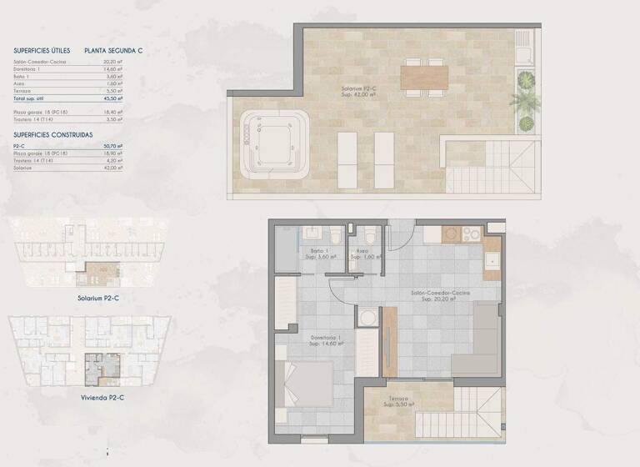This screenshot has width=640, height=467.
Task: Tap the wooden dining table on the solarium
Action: pyautogui.click(x=424, y=78)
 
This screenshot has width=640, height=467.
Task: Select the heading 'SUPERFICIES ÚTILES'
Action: pyautogui.click(x=42, y=50)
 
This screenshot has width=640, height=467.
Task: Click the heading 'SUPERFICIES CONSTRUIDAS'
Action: pyautogui.click(x=52, y=134)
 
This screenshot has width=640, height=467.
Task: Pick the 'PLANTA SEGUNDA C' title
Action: pyautogui.click(x=113, y=50)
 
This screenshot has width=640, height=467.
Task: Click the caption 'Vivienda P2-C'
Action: pyautogui.click(x=100, y=398)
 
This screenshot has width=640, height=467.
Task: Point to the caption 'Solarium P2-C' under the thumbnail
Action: pyautogui.click(x=98, y=298)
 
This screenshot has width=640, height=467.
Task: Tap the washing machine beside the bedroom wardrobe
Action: pyautogui.click(x=367, y=318)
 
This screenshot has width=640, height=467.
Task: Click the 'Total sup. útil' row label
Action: pyautogui.click(x=32, y=98)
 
